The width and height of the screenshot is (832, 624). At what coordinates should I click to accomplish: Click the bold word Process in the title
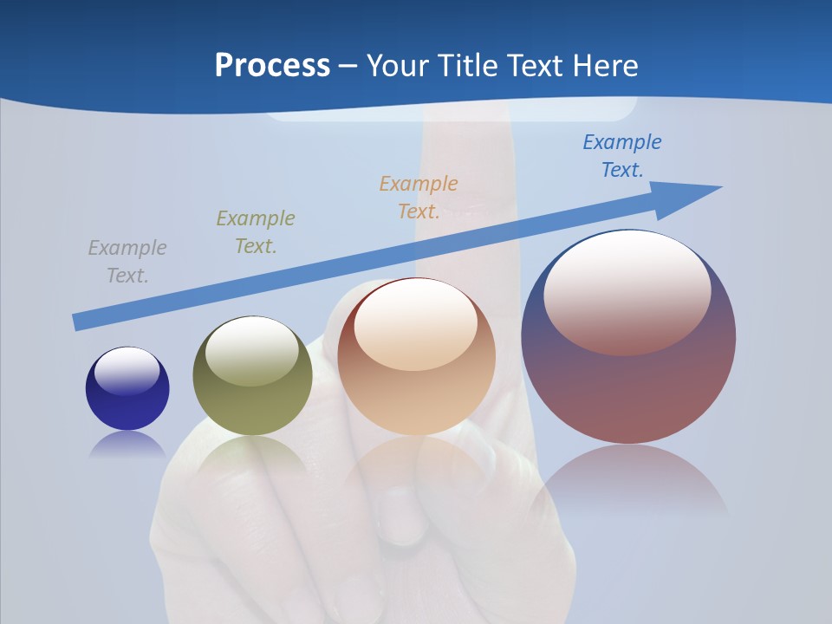point(272,65)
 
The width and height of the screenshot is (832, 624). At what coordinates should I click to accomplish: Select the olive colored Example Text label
point(256,232)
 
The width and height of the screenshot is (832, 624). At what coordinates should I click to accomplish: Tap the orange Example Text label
point(419,198)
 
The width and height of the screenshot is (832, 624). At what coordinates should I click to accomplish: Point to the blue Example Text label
point(621,156)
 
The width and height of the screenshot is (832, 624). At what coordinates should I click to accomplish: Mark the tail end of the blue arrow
point(80,322)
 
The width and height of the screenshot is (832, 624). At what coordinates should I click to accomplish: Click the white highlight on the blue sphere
point(127,370)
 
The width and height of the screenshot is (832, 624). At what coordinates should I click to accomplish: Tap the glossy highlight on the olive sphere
point(252,351)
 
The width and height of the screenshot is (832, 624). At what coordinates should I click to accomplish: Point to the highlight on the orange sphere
point(416,325)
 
